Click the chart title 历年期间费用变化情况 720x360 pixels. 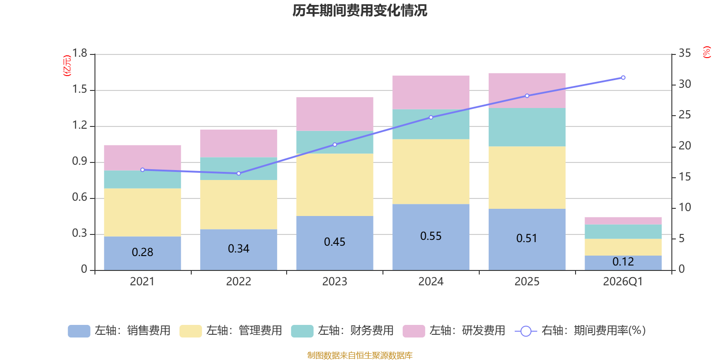pyautogui.click(x=360, y=10)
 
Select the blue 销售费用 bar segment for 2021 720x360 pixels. pyautogui.click(x=143, y=253)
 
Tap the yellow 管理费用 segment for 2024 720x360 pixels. pyautogui.click(x=431, y=171)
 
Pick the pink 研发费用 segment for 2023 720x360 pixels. pyautogui.click(x=334, y=114)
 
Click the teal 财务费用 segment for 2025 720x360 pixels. pyautogui.click(x=526, y=127)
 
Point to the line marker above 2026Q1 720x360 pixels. pyautogui.click(x=623, y=78)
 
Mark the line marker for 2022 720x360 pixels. pyautogui.click(x=238, y=173)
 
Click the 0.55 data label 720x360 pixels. pyautogui.click(x=431, y=236)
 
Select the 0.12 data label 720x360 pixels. pyautogui.click(x=623, y=262)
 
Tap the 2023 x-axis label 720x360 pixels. pyautogui.click(x=334, y=282)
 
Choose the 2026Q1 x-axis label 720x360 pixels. pyautogui.click(x=623, y=282)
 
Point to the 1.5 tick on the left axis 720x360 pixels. pyautogui.click(x=80, y=90)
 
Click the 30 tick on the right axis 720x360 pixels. pyautogui.click(x=684, y=84)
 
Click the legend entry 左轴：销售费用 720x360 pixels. pyautogui.click(x=119, y=331)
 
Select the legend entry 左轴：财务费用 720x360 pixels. pyautogui.click(x=342, y=331)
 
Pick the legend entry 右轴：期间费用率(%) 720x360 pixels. pyautogui.click(x=580, y=331)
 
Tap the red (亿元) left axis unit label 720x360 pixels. pyautogui.click(x=67, y=66)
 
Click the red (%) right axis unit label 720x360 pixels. pyautogui.click(x=706, y=52)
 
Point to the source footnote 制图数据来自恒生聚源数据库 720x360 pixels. pyautogui.click(x=360, y=355)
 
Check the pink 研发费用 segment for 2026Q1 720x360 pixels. pyautogui.click(x=623, y=220)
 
